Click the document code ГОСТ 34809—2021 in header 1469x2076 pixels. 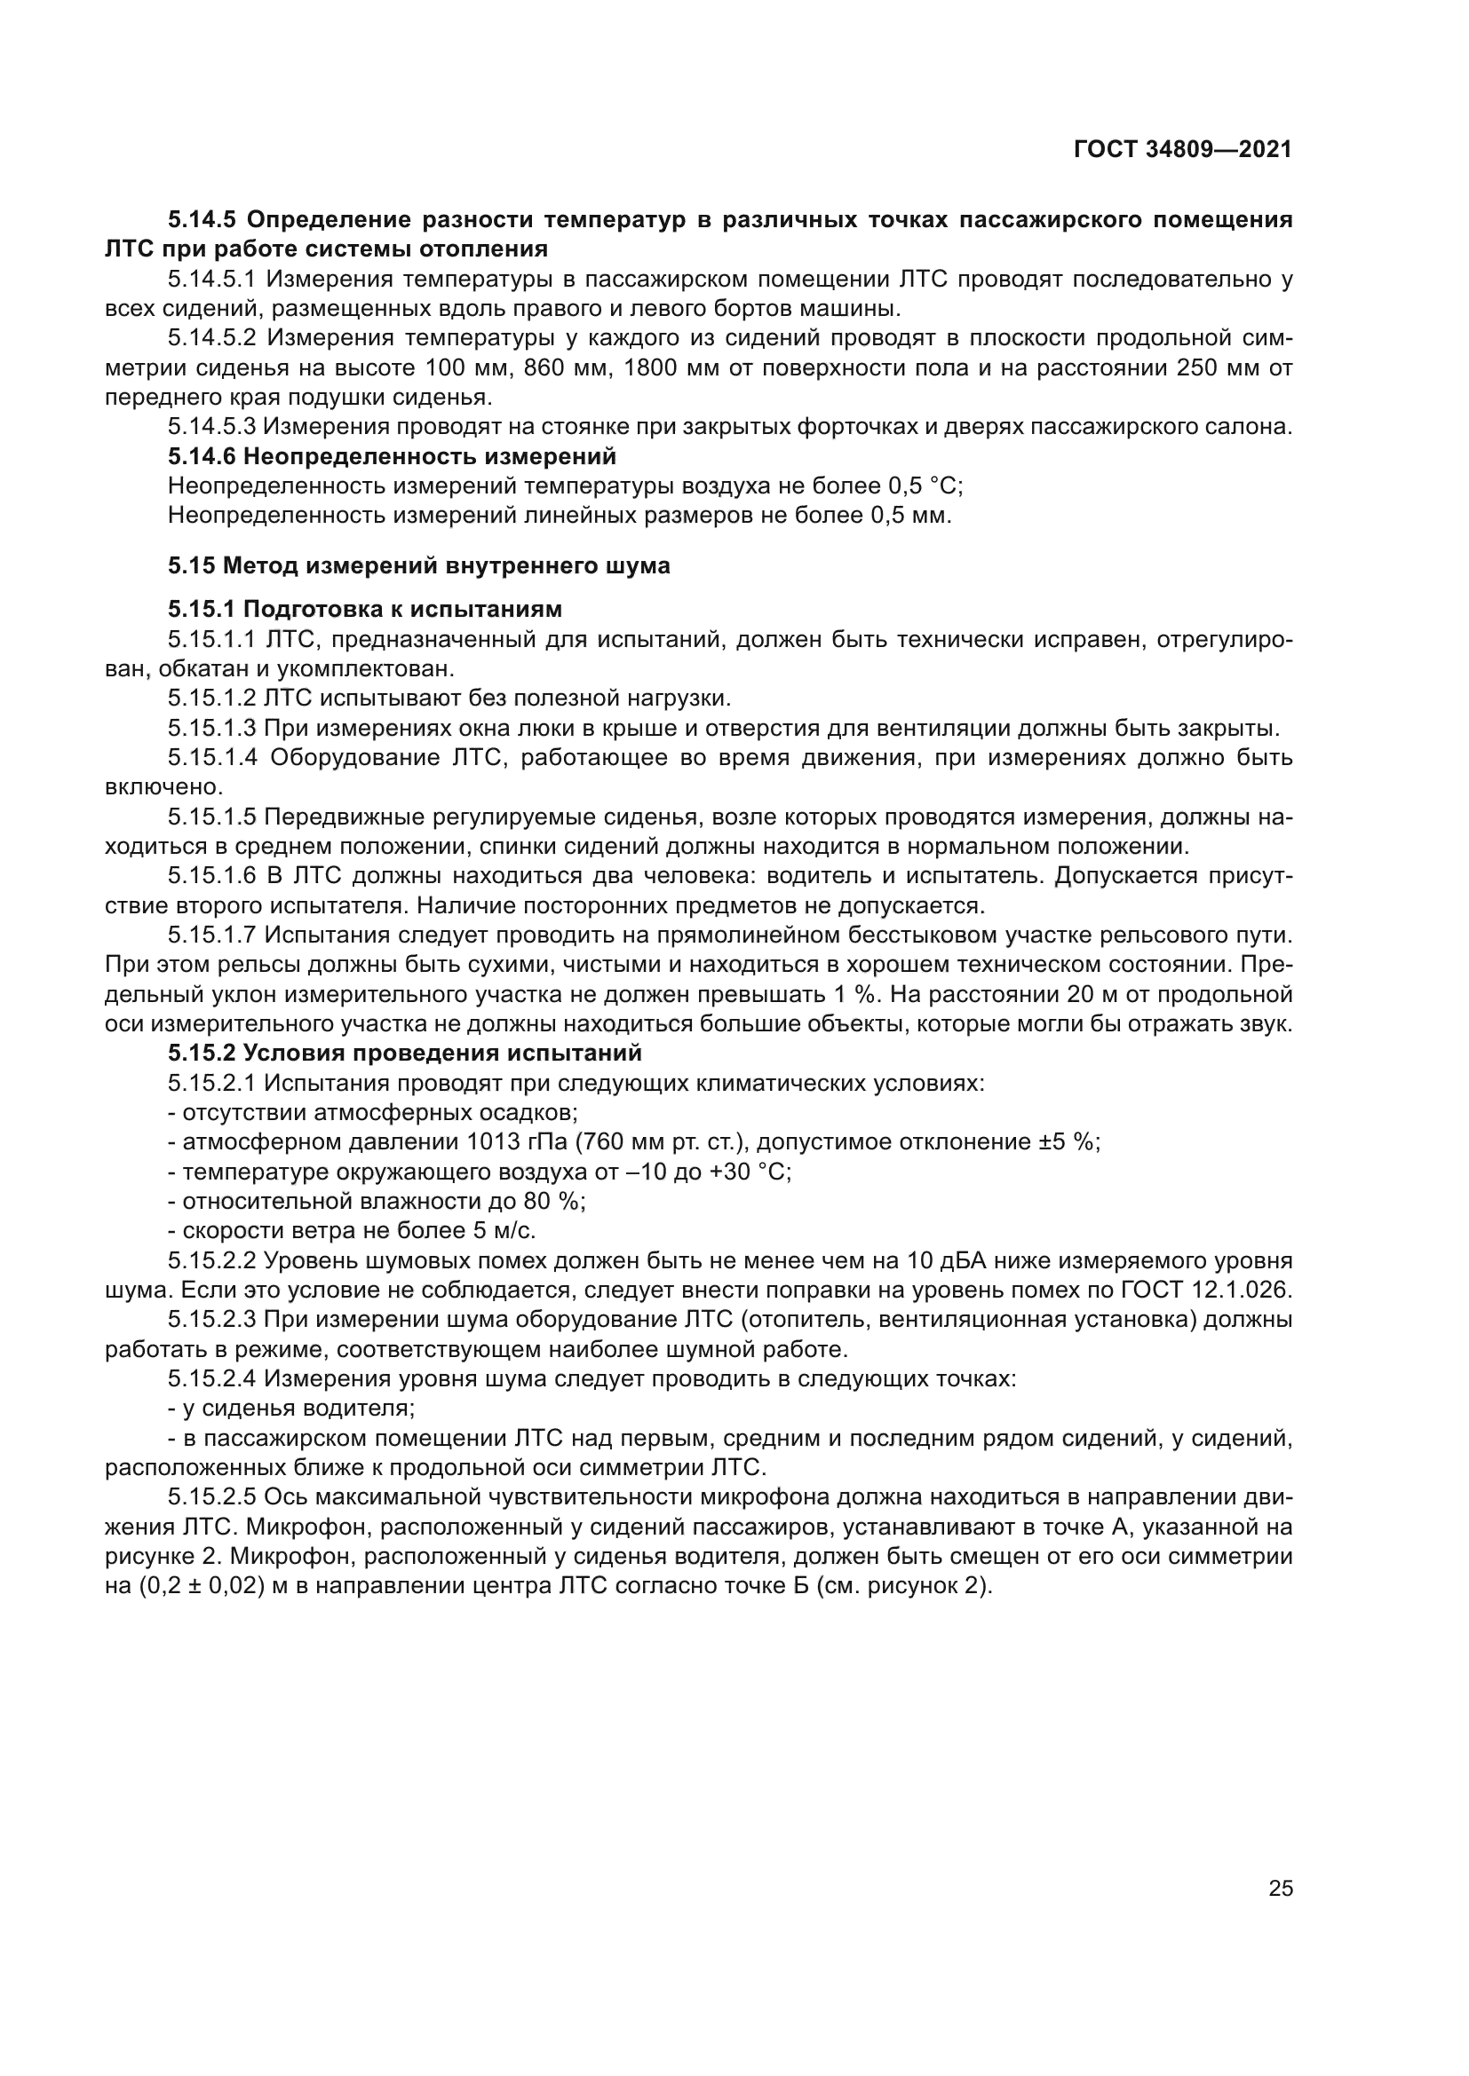coord(1182,150)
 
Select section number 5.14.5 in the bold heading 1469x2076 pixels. coord(202,220)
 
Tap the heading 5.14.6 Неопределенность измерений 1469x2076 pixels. coord(392,456)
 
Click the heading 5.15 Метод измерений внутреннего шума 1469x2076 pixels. coord(419,566)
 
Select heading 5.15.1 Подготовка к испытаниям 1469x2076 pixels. coord(364,609)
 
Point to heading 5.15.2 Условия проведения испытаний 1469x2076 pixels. coord(404,1054)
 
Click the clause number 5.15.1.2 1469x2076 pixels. coord(212,698)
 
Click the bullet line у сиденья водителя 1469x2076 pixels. coord(291,1409)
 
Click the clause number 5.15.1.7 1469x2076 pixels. coord(212,935)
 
